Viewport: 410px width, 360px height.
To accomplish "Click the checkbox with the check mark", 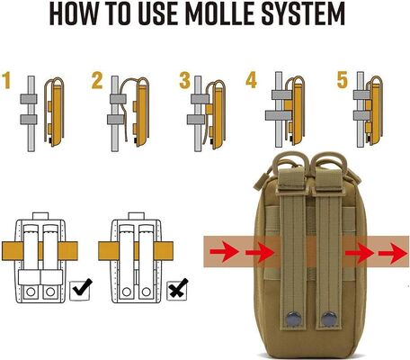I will [80, 290].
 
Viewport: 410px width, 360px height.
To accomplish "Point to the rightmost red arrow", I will [390, 253].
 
